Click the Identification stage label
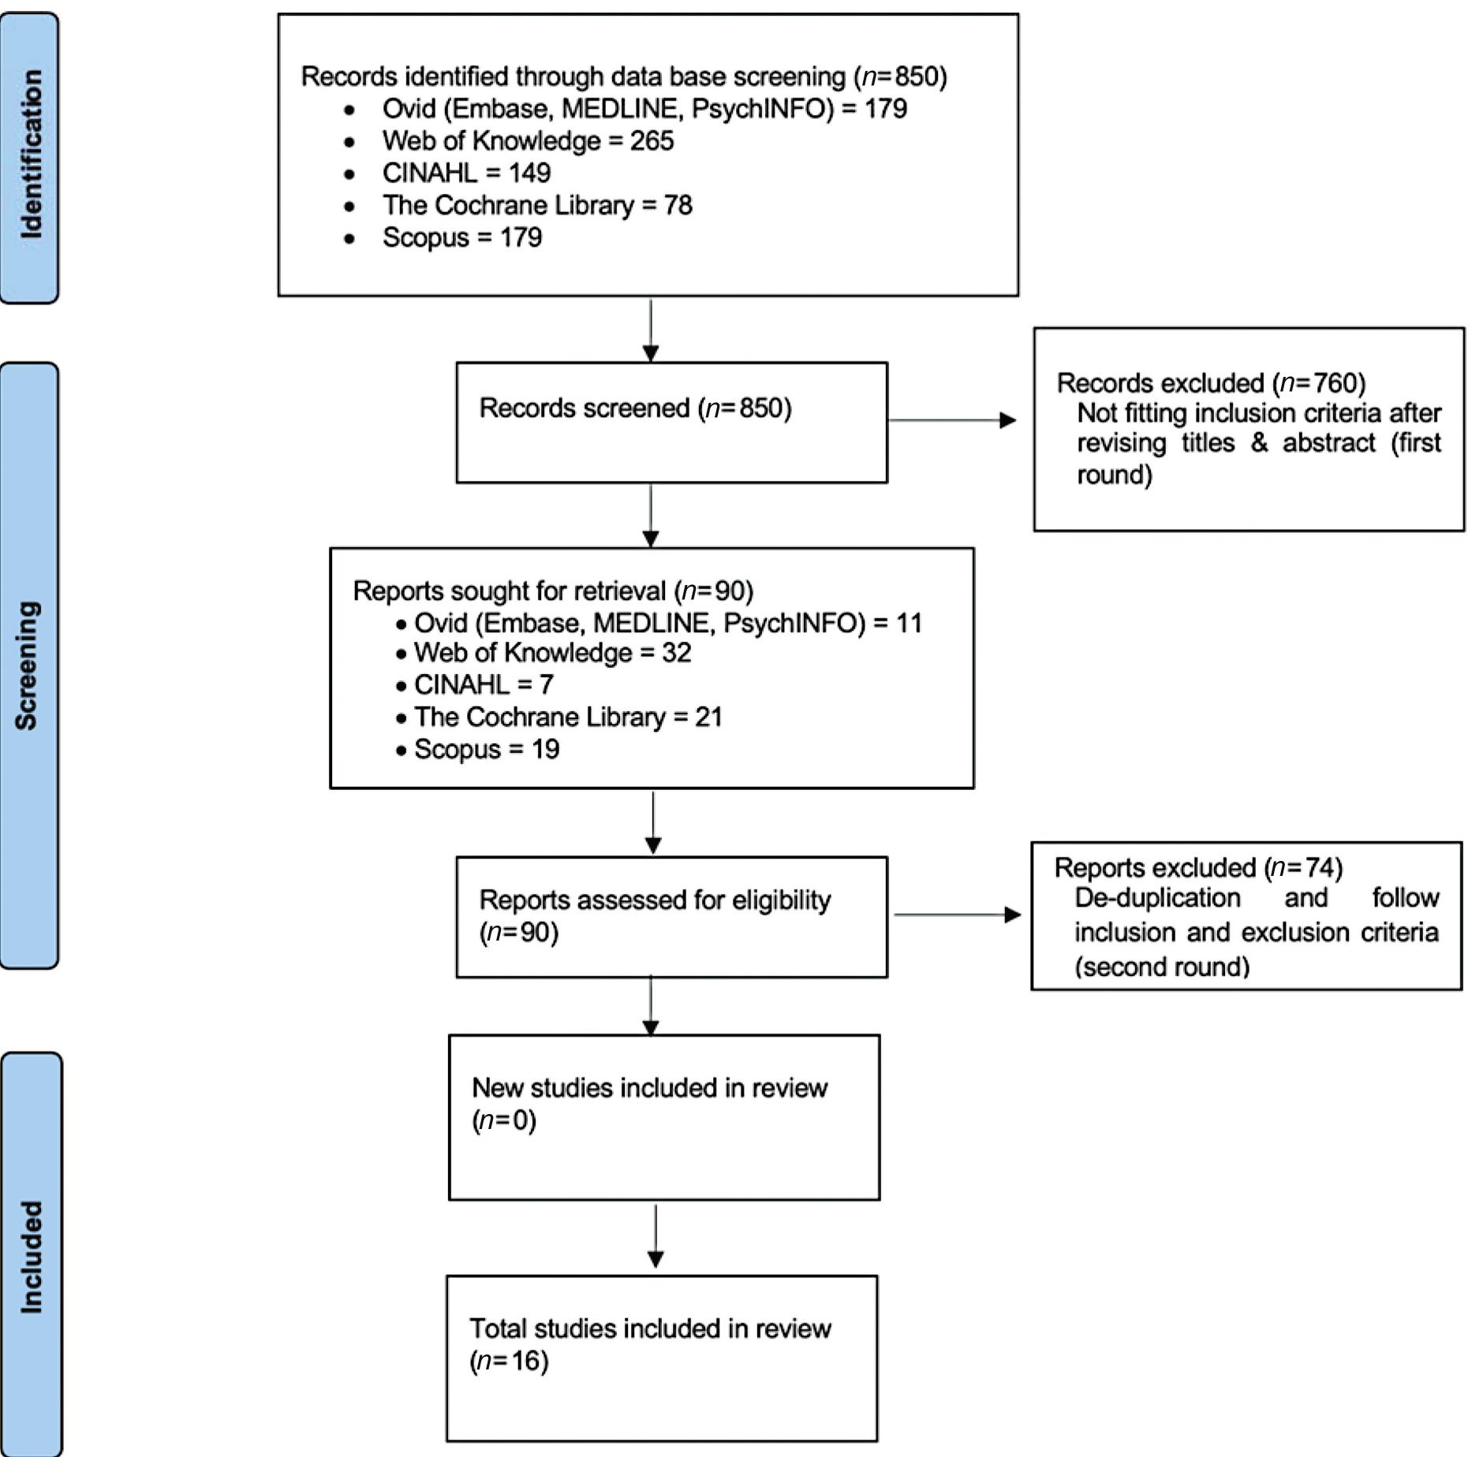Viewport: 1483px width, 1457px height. click(30, 155)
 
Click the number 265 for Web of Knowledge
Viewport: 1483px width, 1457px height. click(652, 141)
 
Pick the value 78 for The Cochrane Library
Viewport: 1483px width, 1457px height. click(678, 205)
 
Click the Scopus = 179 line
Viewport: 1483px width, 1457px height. click(461, 237)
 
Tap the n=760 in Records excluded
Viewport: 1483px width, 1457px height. click(1322, 383)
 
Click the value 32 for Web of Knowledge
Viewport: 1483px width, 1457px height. click(676, 653)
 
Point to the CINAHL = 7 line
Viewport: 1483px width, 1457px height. click(483, 684)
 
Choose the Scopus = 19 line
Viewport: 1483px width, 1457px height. click(486, 749)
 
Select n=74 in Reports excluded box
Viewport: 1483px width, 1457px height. click(1306, 868)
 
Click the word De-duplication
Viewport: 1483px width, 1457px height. click(1157, 898)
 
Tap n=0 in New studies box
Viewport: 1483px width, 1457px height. click(504, 1120)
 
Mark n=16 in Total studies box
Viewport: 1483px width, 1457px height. click(509, 1361)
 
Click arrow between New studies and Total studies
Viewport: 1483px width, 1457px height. click(656, 1236)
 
